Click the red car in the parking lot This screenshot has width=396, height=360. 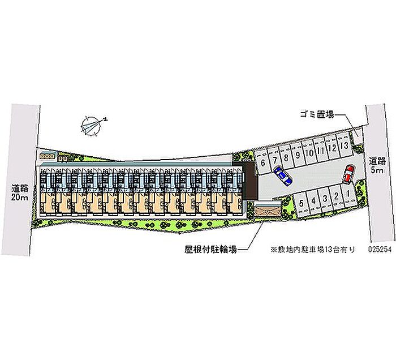coord(348,173)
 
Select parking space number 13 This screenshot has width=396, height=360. coord(344,145)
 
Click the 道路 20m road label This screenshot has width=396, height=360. coord(19,192)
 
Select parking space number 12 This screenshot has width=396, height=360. coord(333,148)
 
